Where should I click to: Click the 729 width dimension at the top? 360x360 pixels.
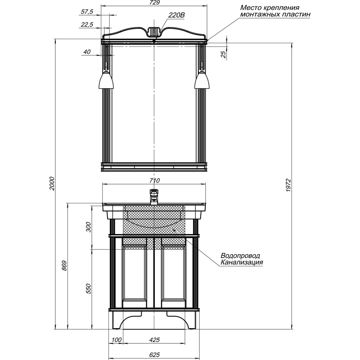point(154,3)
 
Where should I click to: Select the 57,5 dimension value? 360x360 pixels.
point(86,12)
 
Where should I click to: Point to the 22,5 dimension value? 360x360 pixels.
point(86,24)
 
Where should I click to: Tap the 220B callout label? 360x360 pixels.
point(176,15)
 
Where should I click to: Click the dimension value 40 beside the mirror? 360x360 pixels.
point(87,52)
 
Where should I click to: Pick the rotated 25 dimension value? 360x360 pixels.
point(223,54)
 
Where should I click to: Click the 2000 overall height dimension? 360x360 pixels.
point(52,183)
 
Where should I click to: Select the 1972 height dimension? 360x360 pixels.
point(288,185)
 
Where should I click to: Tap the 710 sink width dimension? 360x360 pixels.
point(154,181)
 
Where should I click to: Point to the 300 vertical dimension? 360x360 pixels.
point(88,227)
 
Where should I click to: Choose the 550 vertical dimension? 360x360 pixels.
point(88,288)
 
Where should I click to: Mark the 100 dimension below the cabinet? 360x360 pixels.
point(117,340)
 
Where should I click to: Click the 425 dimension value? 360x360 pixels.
point(154,340)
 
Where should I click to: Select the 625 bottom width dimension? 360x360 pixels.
point(154,355)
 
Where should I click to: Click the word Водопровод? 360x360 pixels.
point(240,256)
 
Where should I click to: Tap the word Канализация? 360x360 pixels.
point(242,262)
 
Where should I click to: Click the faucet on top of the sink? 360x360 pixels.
point(154,197)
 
